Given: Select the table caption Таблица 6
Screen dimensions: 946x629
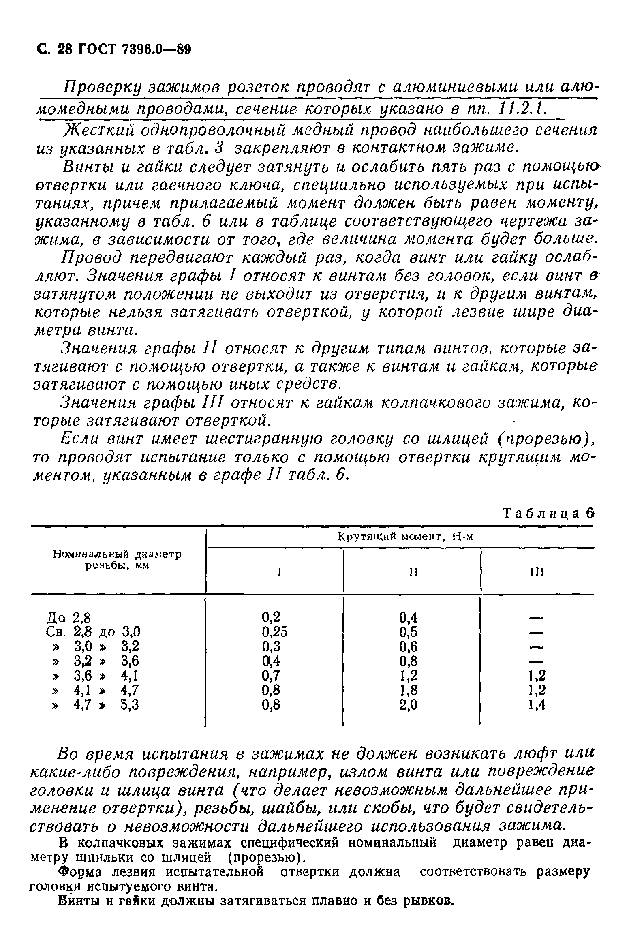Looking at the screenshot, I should (548, 514).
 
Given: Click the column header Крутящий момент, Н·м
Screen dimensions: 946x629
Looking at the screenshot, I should (405, 537).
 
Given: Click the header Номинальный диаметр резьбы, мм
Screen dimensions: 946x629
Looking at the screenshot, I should (117, 560).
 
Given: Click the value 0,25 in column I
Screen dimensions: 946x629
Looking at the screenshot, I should (274, 632).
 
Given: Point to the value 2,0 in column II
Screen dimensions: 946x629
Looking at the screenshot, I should (408, 706).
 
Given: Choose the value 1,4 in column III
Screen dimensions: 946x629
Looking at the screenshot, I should (537, 706).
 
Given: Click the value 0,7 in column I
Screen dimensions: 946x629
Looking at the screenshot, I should (271, 676).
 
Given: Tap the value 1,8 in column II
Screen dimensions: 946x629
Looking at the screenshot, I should (408, 691).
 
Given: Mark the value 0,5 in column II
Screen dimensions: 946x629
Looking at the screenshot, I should (408, 632).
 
